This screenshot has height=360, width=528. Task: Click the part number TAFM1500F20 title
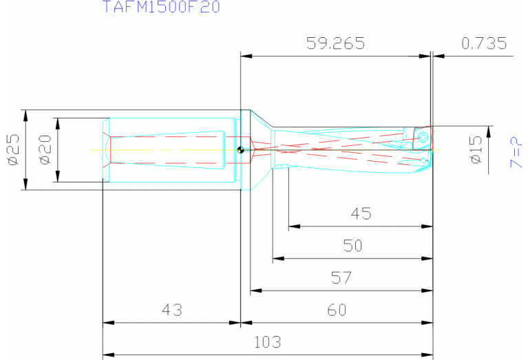(162, 8)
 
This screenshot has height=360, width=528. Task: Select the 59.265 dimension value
(335, 43)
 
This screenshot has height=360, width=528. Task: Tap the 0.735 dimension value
(484, 43)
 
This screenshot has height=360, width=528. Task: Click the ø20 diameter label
(45, 149)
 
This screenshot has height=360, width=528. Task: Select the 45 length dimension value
(361, 213)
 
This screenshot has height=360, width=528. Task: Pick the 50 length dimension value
(352, 246)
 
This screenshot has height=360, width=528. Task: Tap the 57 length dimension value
(341, 277)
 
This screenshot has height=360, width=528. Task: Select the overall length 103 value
(267, 342)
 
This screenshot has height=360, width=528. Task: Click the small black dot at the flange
(240, 150)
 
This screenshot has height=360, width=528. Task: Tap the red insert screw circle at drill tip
(422, 138)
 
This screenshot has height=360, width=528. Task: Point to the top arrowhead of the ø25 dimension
(25, 114)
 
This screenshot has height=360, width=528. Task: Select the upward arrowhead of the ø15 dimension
(489, 131)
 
